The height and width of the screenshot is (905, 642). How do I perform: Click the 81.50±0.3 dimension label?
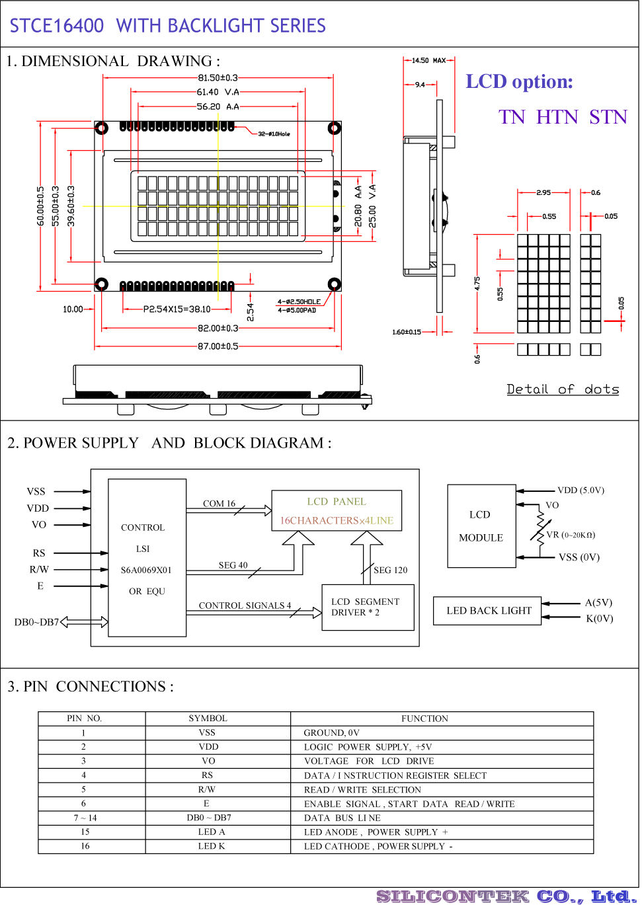click(218, 78)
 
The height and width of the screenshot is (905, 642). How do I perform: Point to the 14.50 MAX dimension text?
click(428, 61)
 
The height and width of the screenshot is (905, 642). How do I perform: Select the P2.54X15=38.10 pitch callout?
click(177, 309)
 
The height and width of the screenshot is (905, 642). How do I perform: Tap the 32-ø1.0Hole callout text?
click(274, 134)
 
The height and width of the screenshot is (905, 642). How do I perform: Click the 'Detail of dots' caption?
click(563, 389)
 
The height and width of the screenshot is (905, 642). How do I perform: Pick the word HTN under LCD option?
click(557, 118)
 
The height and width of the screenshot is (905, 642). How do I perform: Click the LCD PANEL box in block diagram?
click(337, 510)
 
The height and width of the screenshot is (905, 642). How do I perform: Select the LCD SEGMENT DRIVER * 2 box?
click(368, 608)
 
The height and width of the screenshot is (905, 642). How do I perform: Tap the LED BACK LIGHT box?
click(488, 611)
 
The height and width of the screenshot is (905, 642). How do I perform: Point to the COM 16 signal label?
click(219, 504)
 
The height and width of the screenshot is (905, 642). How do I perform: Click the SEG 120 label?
click(390, 570)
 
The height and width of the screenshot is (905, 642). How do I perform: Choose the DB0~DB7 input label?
click(36, 622)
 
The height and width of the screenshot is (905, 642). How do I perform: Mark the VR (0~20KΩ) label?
click(571, 535)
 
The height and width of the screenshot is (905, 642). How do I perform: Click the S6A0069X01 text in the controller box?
click(146, 570)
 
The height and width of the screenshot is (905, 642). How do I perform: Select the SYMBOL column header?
click(208, 719)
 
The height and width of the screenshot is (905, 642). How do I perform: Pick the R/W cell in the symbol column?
click(206, 789)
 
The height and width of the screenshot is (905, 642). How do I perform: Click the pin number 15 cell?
click(85, 832)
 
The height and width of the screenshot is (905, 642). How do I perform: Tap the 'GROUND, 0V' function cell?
click(331, 732)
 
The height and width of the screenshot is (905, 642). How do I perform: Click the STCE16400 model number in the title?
click(57, 26)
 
